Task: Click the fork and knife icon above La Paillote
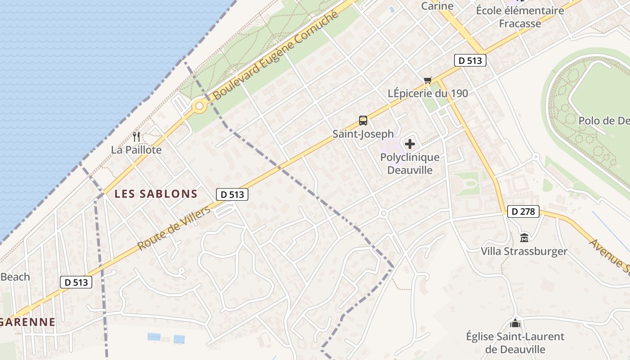pos(137,136)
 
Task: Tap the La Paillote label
pos(136,150)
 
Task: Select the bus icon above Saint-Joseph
pos(363,121)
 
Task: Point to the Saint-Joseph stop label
pos(363,134)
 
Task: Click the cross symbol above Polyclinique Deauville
pos(410,144)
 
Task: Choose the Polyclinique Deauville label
pos(410,164)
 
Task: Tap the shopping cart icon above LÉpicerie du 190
pos(427,80)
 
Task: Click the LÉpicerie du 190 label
pos(428,94)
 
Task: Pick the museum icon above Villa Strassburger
pos(524,238)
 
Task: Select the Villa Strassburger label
pos(524,251)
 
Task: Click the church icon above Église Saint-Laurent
pos(515,323)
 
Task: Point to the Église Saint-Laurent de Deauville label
pos(515,343)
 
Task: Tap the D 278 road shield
pos(523,211)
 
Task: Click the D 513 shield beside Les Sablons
pos(232,194)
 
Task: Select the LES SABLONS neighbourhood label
pos(156,194)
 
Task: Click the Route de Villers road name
pos(174,229)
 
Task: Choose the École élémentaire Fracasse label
pos(520,17)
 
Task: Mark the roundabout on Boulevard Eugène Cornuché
pos(199,107)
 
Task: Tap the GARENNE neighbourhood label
pos(28,322)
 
